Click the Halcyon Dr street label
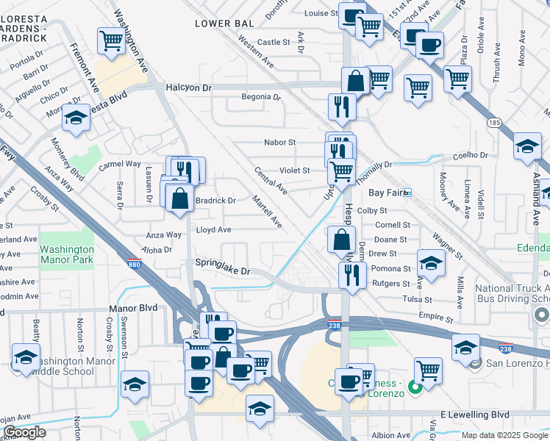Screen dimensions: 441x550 tap(187, 87)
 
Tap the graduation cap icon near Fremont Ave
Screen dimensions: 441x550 tap(75, 118)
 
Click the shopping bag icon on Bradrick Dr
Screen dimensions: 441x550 tap(180, 198)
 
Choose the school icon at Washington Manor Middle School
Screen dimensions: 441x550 tap(26, 358)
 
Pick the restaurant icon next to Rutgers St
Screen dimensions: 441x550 tap(352, 274)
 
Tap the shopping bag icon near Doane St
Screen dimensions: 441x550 tap(341, 240)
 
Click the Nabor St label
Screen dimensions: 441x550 tap(279, 143)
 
